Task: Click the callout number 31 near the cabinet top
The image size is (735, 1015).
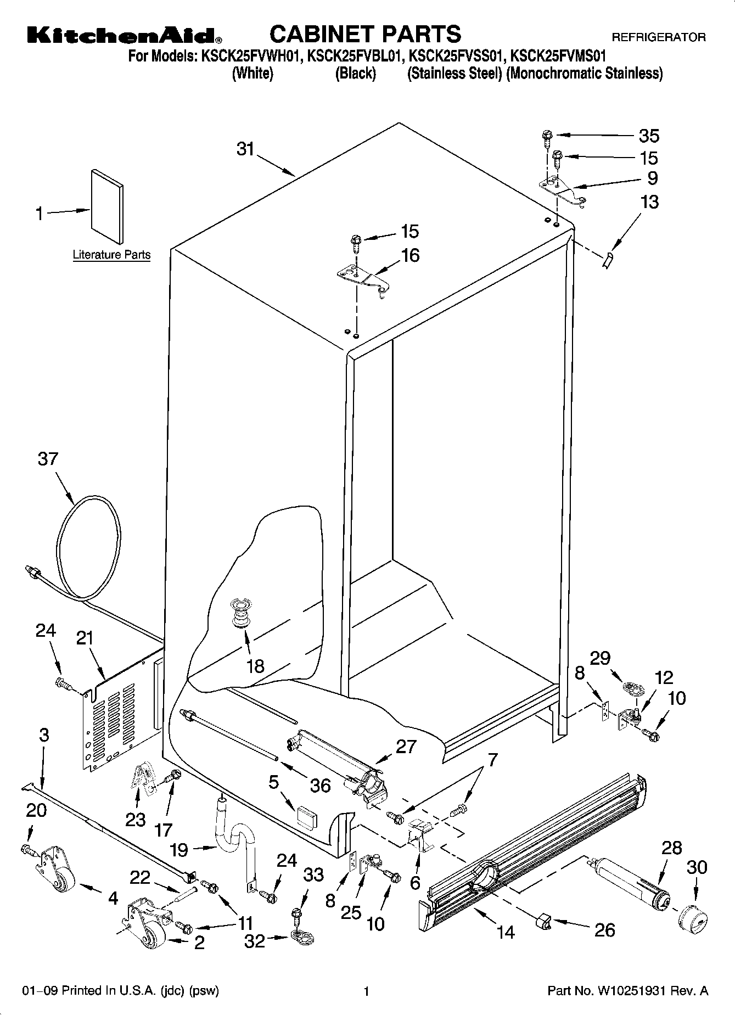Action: (x=246, y=148)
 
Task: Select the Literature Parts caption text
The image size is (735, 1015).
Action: (x=111, y=255)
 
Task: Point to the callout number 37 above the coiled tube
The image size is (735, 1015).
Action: (x=48, y=458)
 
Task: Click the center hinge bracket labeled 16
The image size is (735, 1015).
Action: (x=362, y=278)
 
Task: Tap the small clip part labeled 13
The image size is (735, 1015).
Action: (x=608, y=260)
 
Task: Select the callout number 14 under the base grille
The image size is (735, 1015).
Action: (x=506, y=931)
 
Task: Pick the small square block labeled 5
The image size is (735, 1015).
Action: (x=306, y=816)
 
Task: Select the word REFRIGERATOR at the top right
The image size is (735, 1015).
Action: (x=659, y=38)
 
